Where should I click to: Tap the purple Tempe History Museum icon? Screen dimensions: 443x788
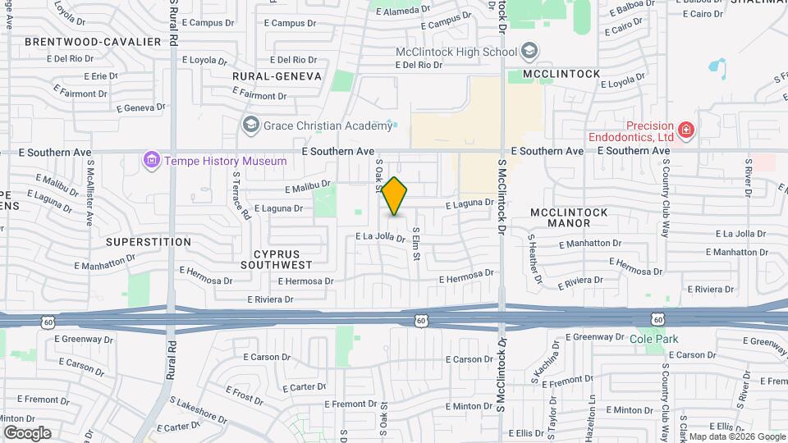pyautogui.click(x=151, y=160)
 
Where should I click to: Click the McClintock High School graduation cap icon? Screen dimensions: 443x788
pyautogui.click(x=529, y=52)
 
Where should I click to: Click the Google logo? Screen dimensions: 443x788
pyautogui.click(x=27, y=433)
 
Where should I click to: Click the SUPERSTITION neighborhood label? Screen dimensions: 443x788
pyautogui.click(x=149, y=242)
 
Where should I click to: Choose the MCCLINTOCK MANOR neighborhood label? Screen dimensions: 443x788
pyautogui.click(x=569, y=217)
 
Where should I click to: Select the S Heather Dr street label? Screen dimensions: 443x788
pyautogui.click(x=535, y=259)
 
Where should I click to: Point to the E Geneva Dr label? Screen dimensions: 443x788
pyautogui.click(x=141, y=107)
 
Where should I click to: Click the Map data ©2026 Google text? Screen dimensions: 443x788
pyautogui.click(x=735, y=436)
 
